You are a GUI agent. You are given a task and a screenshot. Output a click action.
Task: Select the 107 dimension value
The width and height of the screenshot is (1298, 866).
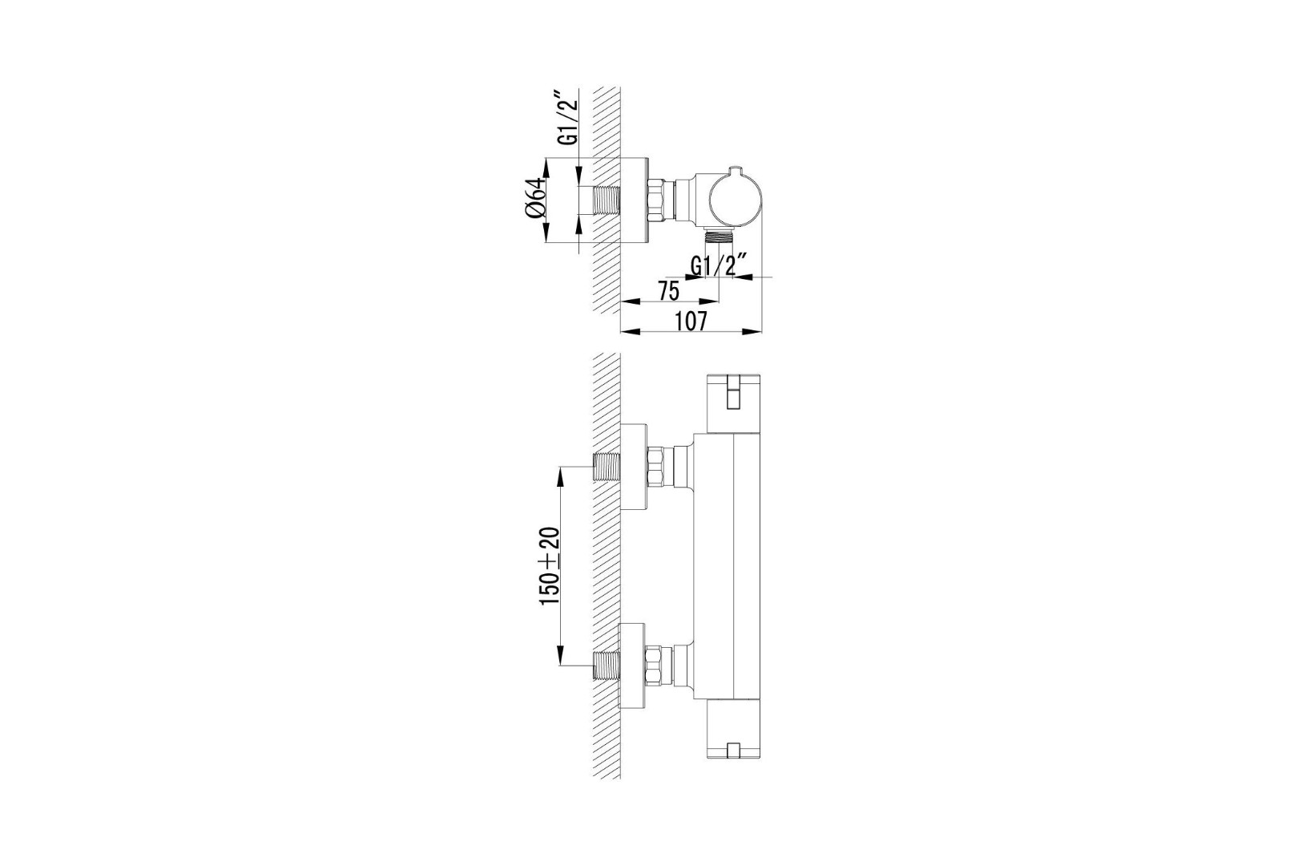[692, 322]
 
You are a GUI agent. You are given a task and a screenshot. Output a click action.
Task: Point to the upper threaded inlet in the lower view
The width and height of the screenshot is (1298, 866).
[606, 466]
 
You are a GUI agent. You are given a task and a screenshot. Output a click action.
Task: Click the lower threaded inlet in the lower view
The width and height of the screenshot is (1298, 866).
[606, 666]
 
